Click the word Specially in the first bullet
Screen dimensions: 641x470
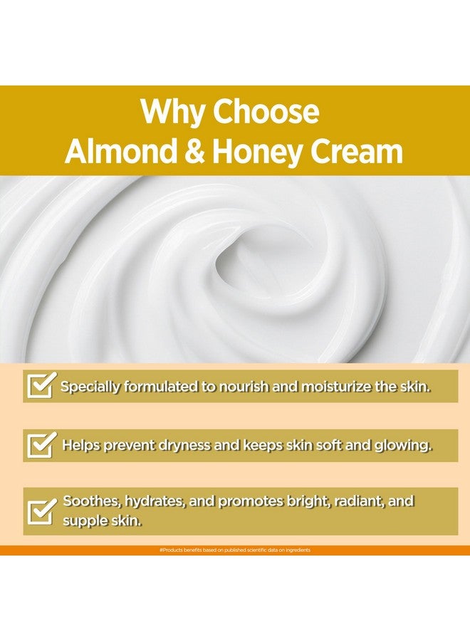tap(91, 387)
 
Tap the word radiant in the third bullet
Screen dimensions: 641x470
tap(354, 501)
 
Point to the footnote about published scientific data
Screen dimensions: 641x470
tap(235, 550)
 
